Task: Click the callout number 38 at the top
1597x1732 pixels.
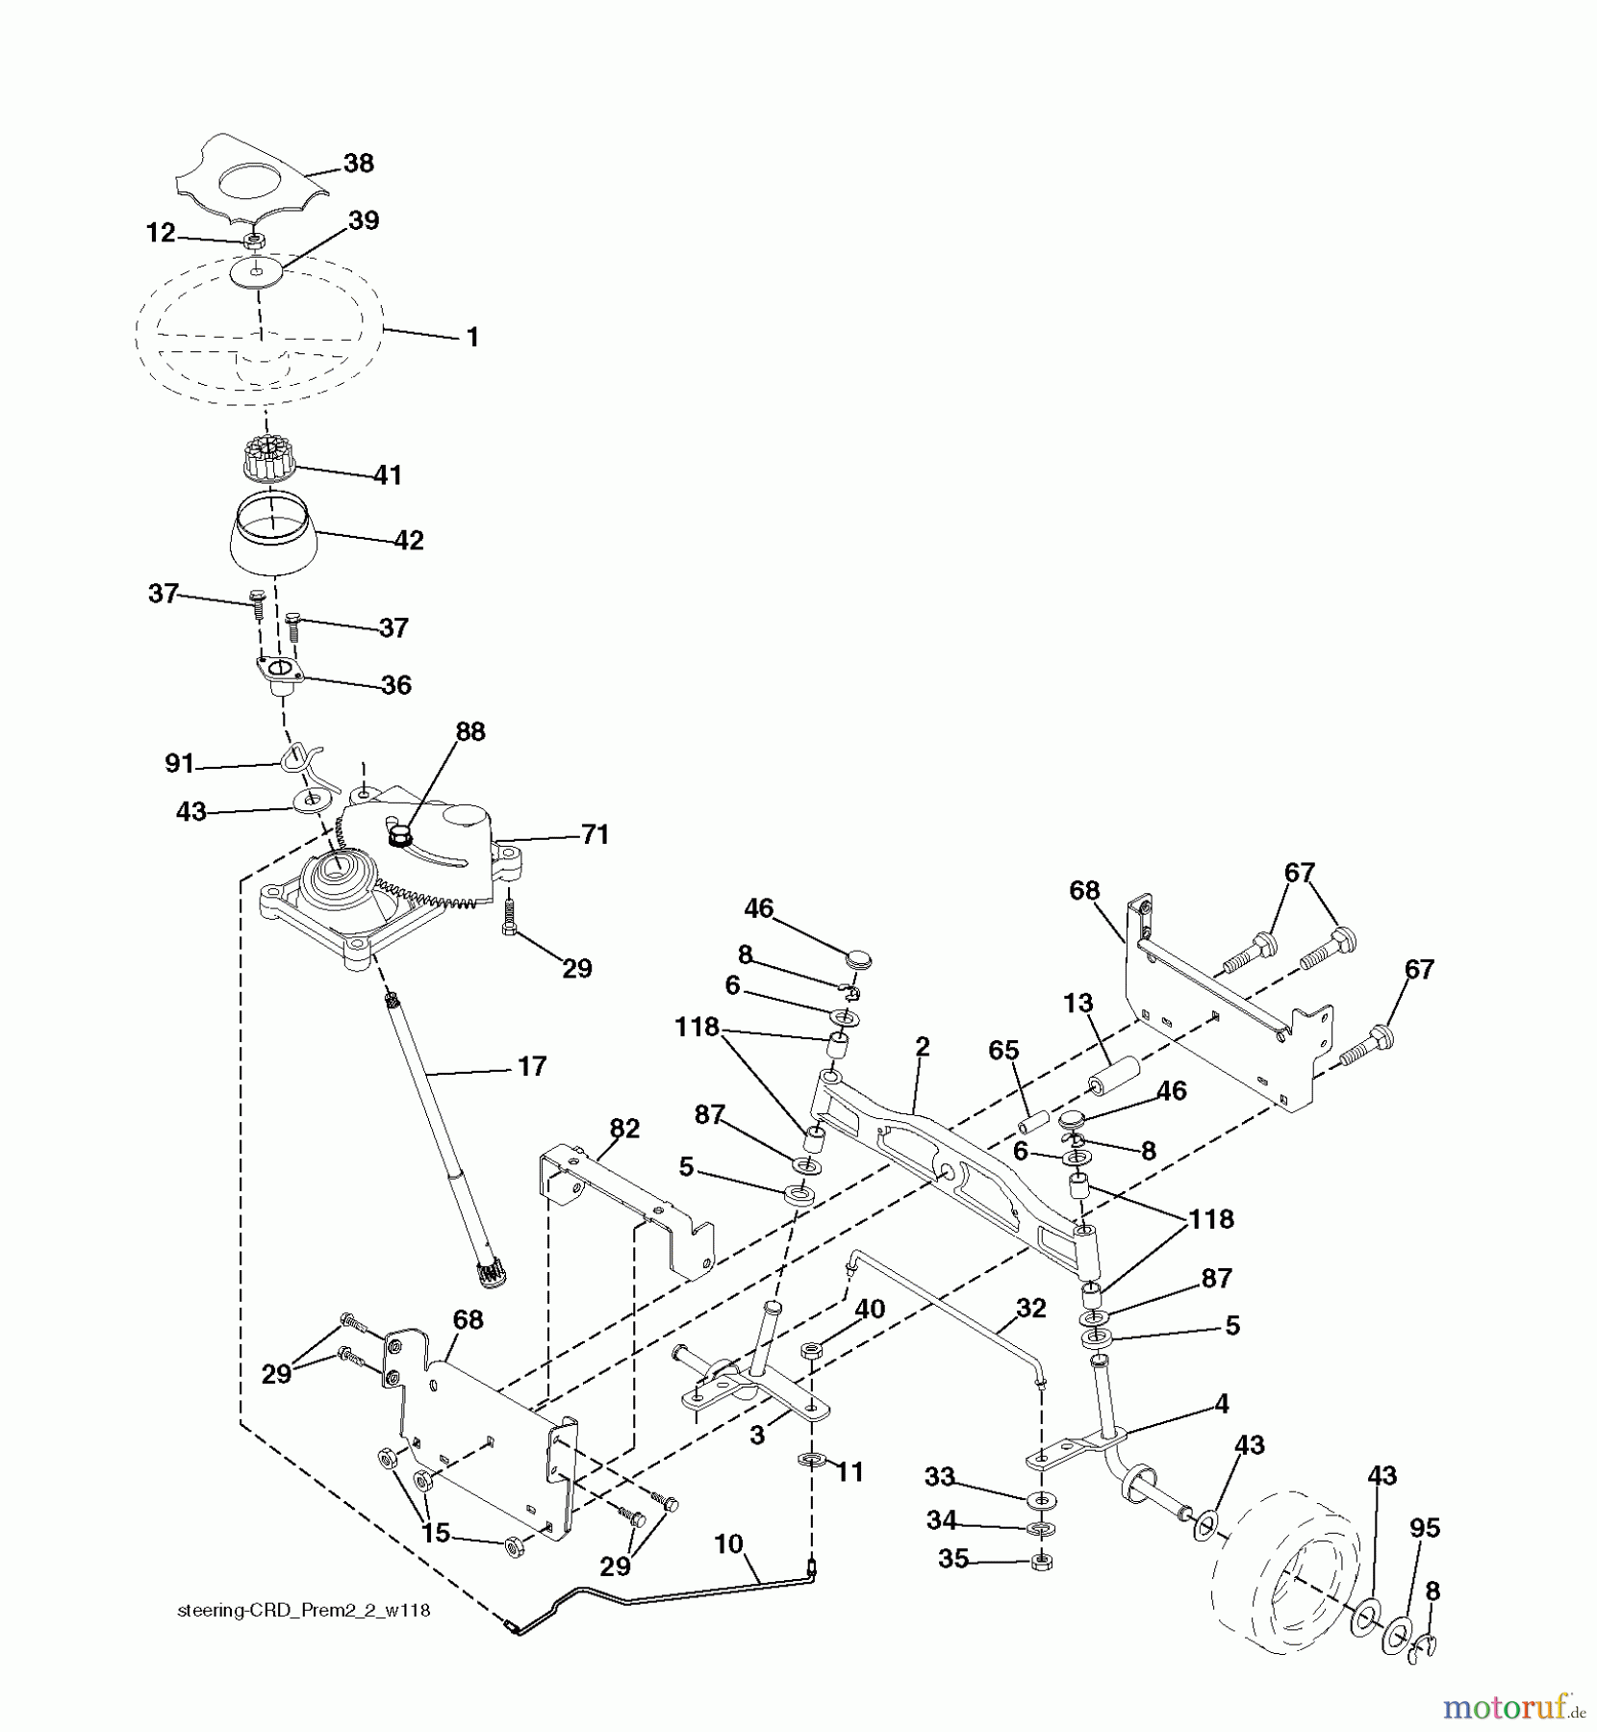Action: pyautogui.click(x=358, y=163)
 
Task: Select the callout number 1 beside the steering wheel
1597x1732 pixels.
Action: pyautogui.click(x=471, y=338)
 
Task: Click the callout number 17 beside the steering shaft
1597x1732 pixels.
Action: pyautogui.click(x=531, y=1066)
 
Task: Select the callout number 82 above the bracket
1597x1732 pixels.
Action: pyautogui.click(x=624, y=1128)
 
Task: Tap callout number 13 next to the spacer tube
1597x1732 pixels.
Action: pyautogui.click(x=1077, y=1003)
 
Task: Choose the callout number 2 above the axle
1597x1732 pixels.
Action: pyautogui.click(x=922, y=1047)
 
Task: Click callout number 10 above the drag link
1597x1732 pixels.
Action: pyautogui.click(x=728, y=1544)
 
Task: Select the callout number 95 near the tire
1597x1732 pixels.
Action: pyautogui.click(x=1424, y=1528)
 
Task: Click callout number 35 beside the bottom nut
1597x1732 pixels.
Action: pyautogui.click(x=952, y=1559)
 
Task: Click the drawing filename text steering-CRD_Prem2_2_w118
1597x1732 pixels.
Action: pyautogui.click(x=304, y=1611)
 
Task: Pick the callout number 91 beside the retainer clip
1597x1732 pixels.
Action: pyautogui.click(x=179, y=763)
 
